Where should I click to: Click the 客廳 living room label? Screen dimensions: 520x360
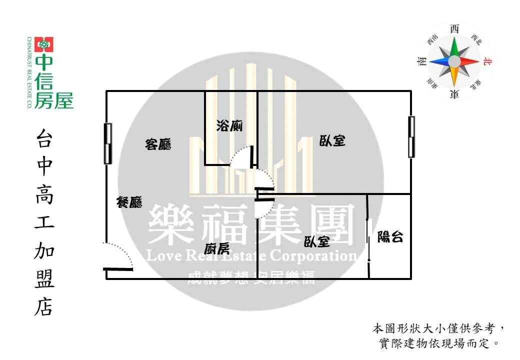pos(158,144)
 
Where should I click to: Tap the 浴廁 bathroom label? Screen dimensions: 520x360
pos(229,125)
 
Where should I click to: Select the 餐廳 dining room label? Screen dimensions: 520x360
pos(129,202)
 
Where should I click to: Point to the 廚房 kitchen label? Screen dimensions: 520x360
pos(217,248)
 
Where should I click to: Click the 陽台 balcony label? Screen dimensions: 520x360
pos(390,236)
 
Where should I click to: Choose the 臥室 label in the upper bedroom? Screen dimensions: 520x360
pos(332,140)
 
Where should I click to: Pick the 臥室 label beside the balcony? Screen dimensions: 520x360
pos(316,241)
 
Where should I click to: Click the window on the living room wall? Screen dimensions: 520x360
pos(108,143)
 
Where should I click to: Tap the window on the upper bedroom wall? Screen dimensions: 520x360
pos(411,136)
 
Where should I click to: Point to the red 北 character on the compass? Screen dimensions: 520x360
pos(487,61)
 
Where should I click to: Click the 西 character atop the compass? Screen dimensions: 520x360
pos(454,29)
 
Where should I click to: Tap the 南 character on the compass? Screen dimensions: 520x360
pos(422,61)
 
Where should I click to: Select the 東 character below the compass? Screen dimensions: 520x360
pos(454,94)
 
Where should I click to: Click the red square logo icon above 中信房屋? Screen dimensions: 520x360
pos(44,44)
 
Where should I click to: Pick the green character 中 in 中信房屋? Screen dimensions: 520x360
pos(44,62)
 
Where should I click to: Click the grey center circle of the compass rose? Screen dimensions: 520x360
pos(454,61)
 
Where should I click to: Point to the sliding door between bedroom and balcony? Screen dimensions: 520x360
pos(368,236)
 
